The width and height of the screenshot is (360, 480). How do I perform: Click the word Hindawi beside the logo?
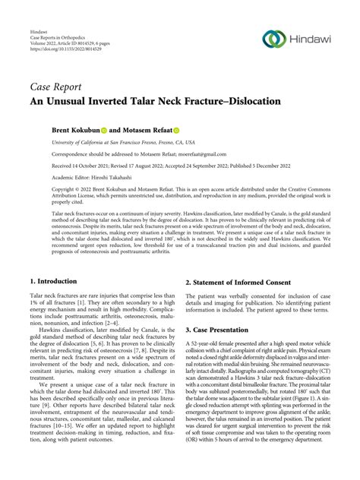[x=315, y=39]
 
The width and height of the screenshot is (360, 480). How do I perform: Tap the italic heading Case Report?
[x=56, y=85]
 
